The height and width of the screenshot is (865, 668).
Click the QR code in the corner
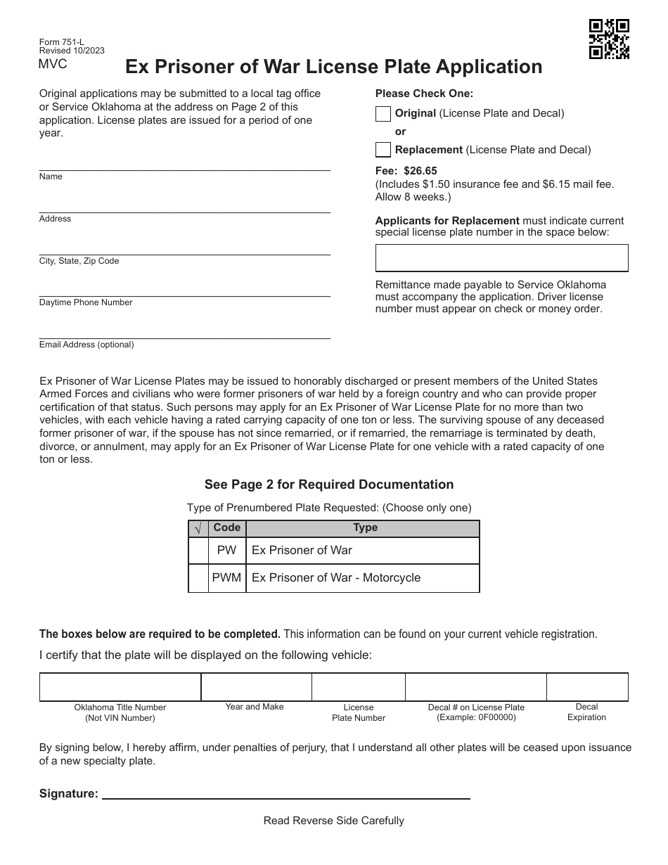click(609, 39)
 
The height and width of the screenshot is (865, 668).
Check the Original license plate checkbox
click(383, 113)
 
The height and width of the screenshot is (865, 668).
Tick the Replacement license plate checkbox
click(383, 150)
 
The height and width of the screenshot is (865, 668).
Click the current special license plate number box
click(501, 258)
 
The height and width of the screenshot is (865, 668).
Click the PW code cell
click(226, 551)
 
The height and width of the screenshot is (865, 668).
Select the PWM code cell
click(226, 578)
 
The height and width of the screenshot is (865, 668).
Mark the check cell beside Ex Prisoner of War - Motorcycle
click(198, 578)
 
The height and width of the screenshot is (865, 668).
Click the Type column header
click(365, 528)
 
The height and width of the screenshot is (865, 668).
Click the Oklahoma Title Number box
click(120, 687)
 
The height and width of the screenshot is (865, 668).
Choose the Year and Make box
click(256, 687)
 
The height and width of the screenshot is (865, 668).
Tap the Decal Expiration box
click(587, 687)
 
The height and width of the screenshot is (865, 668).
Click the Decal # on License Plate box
click(476, 687)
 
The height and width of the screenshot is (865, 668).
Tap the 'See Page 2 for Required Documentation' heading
click(329, 485)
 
